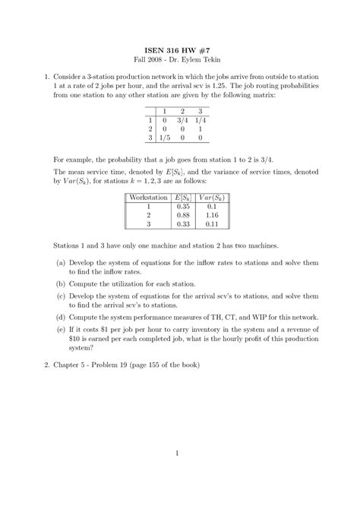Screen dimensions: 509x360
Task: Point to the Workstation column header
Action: (149, 198)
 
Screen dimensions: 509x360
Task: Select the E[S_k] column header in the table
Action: (182, 198)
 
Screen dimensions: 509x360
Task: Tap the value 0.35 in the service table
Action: (182, 207)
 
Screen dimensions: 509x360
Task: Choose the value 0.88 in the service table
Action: (182, 216)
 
